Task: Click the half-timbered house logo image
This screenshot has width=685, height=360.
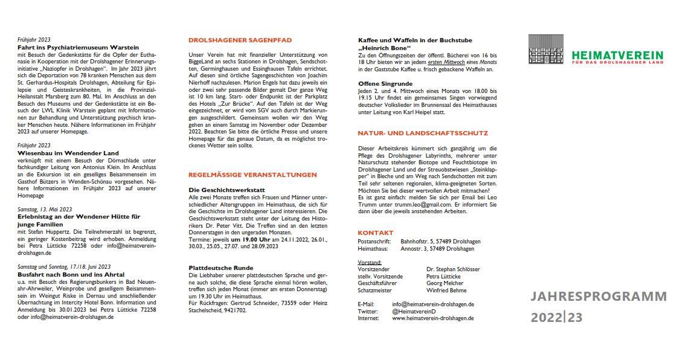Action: [548, 50]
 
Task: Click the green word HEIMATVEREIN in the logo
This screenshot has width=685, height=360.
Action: [617, 55]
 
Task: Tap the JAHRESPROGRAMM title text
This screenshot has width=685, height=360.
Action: [599, 297]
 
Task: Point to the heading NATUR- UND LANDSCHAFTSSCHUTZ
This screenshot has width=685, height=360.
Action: [423, 133]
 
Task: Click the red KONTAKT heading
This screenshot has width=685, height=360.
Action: [375, 233]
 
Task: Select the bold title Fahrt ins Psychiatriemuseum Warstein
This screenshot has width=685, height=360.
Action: [79, 47]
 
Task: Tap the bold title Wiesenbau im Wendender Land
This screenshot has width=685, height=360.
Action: [68, 153]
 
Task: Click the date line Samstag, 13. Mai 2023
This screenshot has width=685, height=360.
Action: [45, 210]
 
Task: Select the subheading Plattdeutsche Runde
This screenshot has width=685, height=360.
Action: [220, 268]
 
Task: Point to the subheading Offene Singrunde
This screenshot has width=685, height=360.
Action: [385, 83]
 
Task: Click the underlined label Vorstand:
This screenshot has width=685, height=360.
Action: [369, 262]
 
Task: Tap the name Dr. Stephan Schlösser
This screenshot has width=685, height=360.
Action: [452, 269]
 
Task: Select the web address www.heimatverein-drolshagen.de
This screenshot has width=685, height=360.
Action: [433, 318]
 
